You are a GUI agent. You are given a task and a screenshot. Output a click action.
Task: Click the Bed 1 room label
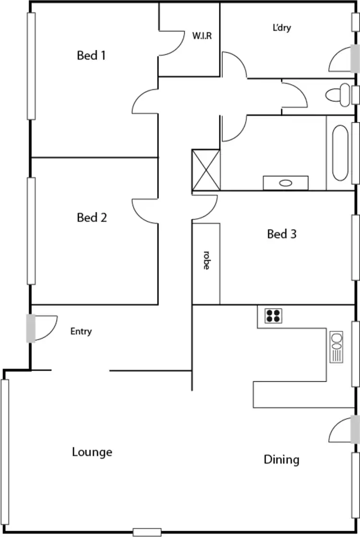click(91, 56)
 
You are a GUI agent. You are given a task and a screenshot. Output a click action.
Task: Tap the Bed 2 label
click(92, 218)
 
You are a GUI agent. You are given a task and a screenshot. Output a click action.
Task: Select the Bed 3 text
click(282, 234)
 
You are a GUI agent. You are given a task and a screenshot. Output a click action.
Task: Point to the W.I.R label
click(202, 36)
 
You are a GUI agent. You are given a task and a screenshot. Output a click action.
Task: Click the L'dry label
click(282, 28)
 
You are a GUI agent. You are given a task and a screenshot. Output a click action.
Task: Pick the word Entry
click(81, 331)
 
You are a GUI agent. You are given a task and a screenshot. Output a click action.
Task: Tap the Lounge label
click(92, 452)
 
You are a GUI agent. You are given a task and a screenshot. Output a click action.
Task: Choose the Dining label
click(282, 460)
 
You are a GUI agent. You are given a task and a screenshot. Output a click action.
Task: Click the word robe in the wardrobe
click(206, 260)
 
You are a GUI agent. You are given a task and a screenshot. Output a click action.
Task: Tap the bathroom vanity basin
click(286, 183)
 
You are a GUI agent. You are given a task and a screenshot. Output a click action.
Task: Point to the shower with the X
click(205, 170)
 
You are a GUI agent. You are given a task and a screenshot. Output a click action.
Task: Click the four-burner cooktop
click(274, 316)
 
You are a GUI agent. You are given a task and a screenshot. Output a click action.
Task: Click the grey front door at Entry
click(31, 328)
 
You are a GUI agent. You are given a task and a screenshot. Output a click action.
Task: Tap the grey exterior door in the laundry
click(355, 58)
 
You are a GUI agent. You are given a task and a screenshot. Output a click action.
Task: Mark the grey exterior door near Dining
click(355, 428)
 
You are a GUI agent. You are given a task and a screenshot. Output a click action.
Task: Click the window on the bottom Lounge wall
click(147, 532)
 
